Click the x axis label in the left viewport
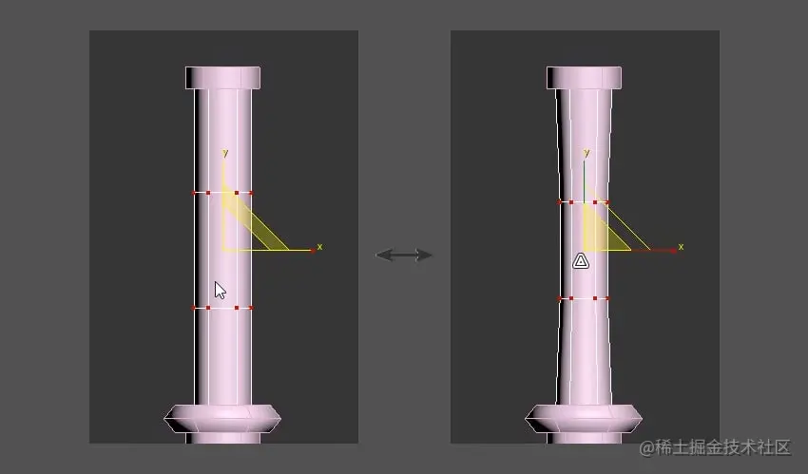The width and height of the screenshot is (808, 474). (319, 247)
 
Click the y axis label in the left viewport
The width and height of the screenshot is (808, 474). (225, 152)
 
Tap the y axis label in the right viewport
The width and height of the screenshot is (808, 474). (587, 152)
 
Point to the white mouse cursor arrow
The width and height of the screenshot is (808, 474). (220, 290)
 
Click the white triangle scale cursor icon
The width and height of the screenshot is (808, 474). (581, 260)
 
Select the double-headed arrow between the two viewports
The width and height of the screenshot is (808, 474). (404, 255)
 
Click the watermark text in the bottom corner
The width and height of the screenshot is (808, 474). (715, 446)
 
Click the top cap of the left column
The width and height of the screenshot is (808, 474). (222, 77)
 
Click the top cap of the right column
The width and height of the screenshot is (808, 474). (584, 77)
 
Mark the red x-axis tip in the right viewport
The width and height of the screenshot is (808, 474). (674, 250)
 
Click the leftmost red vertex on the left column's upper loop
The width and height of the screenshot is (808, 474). (194, 193)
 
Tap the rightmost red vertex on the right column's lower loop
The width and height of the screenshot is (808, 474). (609, 298)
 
